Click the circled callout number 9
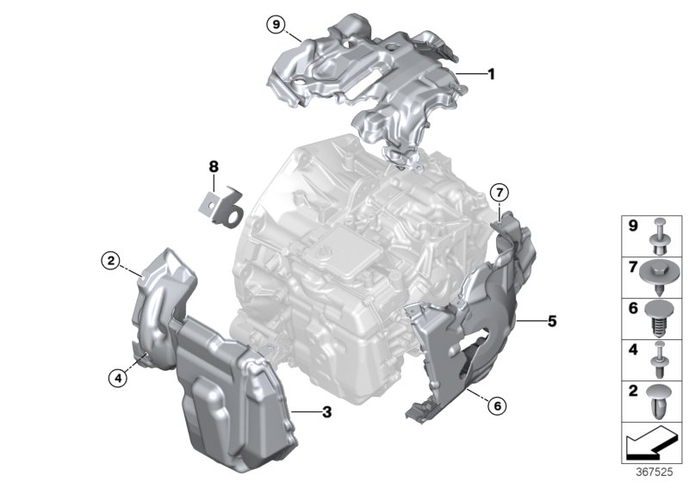coord(276,24)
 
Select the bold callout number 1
coord(492,74)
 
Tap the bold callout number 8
coord(214,167)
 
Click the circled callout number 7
coord(500,192)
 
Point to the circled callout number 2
coord(110,261)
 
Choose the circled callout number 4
coord(118,377)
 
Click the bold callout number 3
coord(327,412)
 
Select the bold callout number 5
coord(552,321)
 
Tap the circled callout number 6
coord(498,405)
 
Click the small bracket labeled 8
coord(221,207)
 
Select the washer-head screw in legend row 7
coord(659,277)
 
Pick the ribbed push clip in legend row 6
coord(660,318)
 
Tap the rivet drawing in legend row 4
coord(660,360)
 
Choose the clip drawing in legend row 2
coord(660,401)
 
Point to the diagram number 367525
coord(655,473)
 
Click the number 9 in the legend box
coord(633,226)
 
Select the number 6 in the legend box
coord(633,308)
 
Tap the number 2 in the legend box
coord(633,391)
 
